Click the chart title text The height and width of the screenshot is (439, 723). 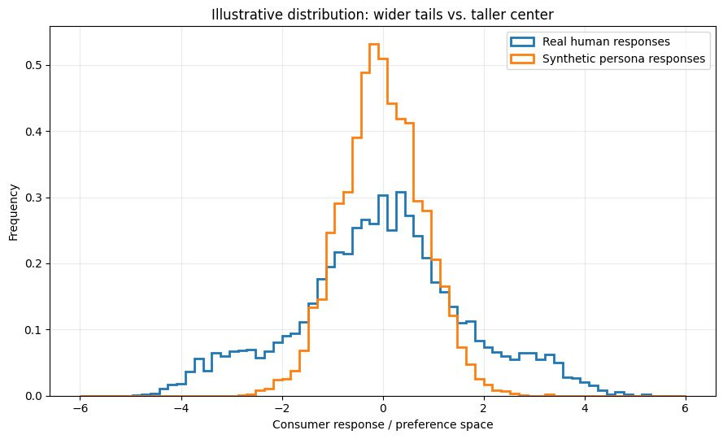click(382, 15)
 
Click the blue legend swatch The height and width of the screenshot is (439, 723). click(522, 41)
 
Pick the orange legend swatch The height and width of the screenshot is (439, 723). click(522, 59)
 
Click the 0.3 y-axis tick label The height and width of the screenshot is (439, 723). click(34, 198)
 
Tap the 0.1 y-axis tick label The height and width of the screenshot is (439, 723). click(34, 330)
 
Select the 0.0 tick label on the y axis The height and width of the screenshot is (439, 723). click(34, 396)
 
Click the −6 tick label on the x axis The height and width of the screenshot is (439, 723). click(80, 409)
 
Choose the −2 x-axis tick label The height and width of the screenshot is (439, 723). click(281, 409)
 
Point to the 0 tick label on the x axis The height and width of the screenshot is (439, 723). click(383, 409)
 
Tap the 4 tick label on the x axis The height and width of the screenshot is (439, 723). click(585, 409)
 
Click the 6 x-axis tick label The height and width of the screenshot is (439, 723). click(686, 409)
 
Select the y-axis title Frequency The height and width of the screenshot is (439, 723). click(14, 212)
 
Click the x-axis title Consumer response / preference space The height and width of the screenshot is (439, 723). click(383, 424)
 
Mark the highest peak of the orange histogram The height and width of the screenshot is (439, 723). click(374, 44)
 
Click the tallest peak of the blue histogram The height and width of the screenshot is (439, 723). click(401, 192)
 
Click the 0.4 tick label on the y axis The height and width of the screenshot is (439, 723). click(34, 132)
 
